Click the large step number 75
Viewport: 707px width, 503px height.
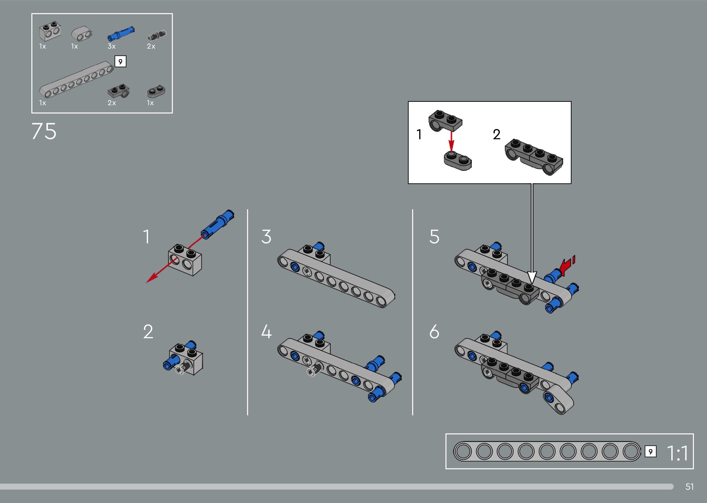click(44, 131)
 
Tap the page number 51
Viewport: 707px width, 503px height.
click(689, 487)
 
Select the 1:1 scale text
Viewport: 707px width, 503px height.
click(678, 453)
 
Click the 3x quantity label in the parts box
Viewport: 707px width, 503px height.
click(112, 46)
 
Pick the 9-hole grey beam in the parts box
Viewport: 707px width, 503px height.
click(76, 80)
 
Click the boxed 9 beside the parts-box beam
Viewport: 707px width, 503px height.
click(120, 61)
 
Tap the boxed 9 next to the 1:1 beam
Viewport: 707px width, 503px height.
click(650, 452)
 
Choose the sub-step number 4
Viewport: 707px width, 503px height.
click(266, 332)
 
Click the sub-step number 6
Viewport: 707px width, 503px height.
click(434, 332)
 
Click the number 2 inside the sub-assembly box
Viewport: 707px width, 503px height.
click(497, 134)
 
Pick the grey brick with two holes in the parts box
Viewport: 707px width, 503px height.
click(49, 32)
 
